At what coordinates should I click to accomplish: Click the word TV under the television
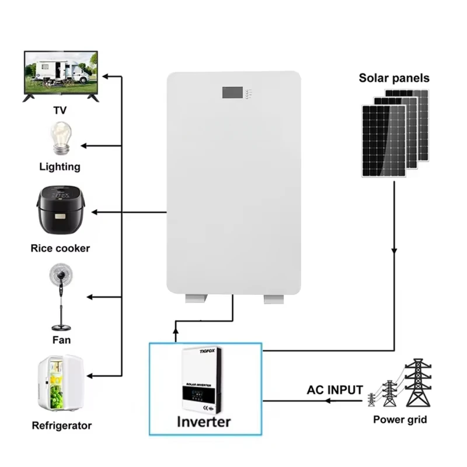coord(60,110)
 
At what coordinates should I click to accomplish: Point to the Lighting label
coord(60,166)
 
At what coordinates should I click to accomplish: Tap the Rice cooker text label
coord(60,248)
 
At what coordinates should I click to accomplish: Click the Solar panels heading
coord(394,78)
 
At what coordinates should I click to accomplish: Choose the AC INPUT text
coord(335,390)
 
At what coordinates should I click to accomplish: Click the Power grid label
coord(400,419)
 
